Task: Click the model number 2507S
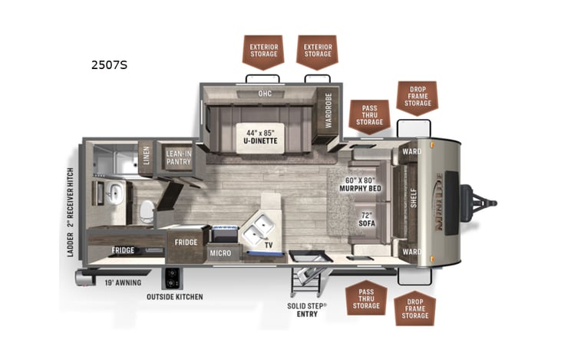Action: pos(109,64)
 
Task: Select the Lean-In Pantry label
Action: pos(179,158)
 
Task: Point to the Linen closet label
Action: pos(146,157)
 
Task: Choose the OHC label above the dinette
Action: pos(265,94)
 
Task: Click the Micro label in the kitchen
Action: pos(221,253)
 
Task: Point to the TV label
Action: pos(269,245)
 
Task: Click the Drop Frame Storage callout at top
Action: pos(417,97)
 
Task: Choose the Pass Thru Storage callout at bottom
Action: pos(365,299)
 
